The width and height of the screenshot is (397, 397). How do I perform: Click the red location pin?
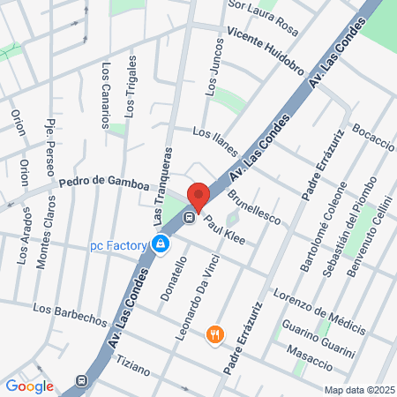198,197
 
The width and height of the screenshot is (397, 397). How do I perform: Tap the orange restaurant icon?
214,334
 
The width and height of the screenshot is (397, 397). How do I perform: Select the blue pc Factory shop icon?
161,244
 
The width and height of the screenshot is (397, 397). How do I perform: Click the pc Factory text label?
116,245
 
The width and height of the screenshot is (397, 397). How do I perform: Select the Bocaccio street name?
372,141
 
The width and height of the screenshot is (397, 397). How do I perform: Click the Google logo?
30,386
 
